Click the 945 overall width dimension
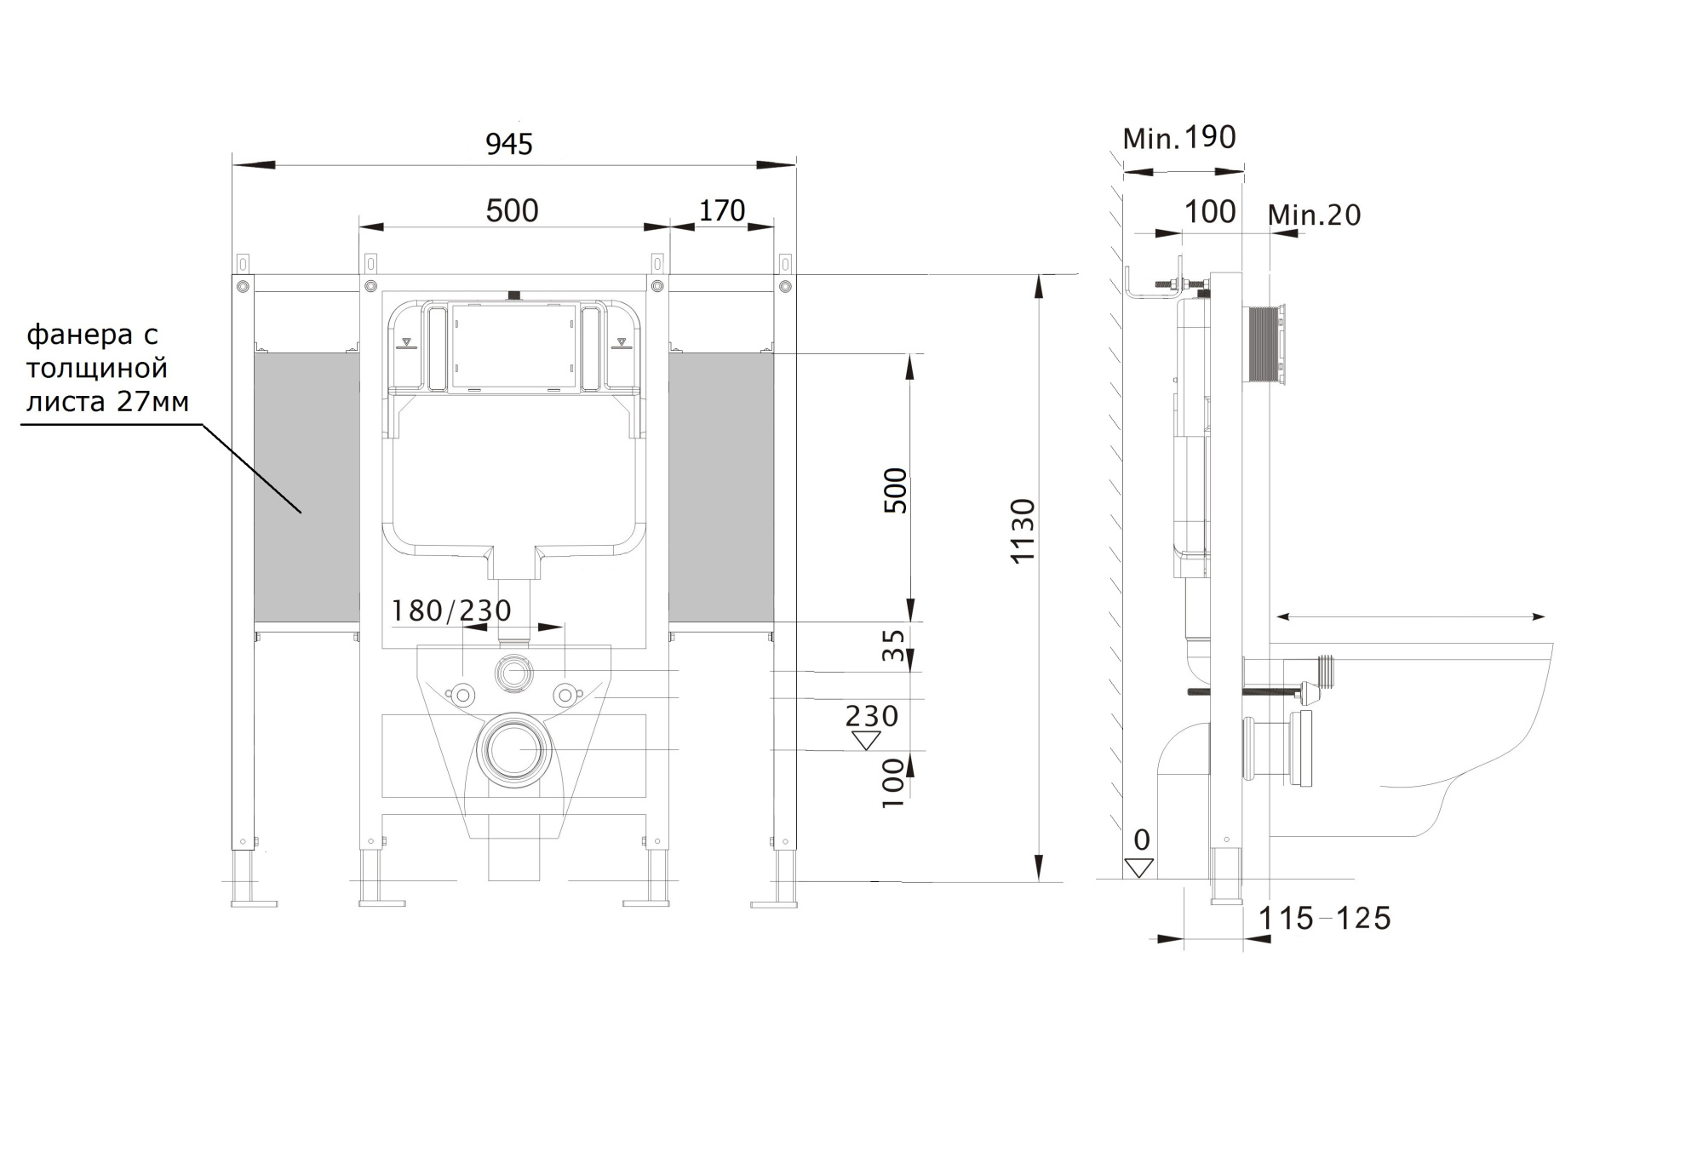[509, 144]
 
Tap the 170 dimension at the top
[722, 210]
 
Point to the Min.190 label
[1179, 137]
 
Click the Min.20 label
[1314, 215]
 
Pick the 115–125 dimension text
[1325, 918]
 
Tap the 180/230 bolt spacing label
[451, 610]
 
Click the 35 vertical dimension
[892, 645]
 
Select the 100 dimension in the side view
[1210, 211]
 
